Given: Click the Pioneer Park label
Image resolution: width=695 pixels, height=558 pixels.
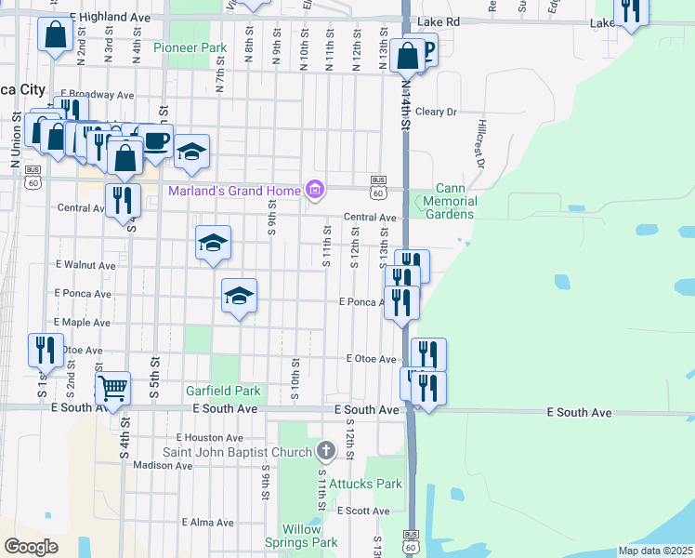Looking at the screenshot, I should [190, 47].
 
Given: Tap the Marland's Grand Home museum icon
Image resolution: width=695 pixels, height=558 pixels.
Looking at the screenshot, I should [315, 192].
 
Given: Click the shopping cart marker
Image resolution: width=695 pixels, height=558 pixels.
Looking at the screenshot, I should [112, 387].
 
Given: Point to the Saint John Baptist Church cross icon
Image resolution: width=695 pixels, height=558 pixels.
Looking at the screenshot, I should [325, 452].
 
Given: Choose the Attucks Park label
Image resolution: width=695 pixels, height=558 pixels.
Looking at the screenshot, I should [371, 484].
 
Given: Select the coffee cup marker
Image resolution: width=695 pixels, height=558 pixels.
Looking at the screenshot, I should [155, 140].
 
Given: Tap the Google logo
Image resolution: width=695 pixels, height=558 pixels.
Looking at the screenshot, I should [31, 547].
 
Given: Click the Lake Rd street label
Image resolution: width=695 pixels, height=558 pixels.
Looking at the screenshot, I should [439, 20].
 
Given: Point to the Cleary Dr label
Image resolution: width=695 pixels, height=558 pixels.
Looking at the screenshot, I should [436, 112].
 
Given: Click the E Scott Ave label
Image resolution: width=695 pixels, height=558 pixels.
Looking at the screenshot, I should [363, 511].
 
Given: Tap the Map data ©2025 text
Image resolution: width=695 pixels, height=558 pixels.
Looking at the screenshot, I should [655, 551].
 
